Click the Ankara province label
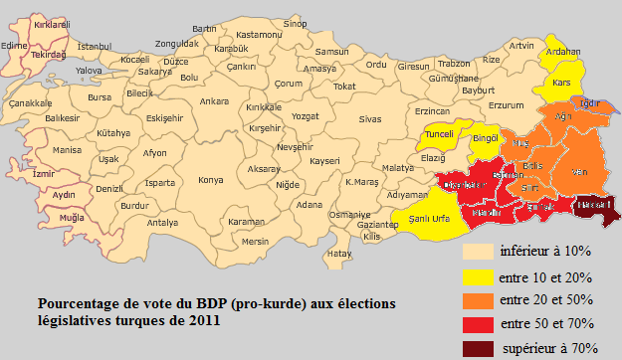point(214,101)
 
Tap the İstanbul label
point(94,46)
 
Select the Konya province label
point(210,180)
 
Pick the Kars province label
point(561,83)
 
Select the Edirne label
point(15,44)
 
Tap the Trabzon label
point(453,64)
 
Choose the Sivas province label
point(370,119)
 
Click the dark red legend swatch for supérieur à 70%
point(477,347)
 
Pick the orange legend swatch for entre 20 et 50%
point(477,299)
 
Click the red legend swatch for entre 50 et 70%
point(477,323)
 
